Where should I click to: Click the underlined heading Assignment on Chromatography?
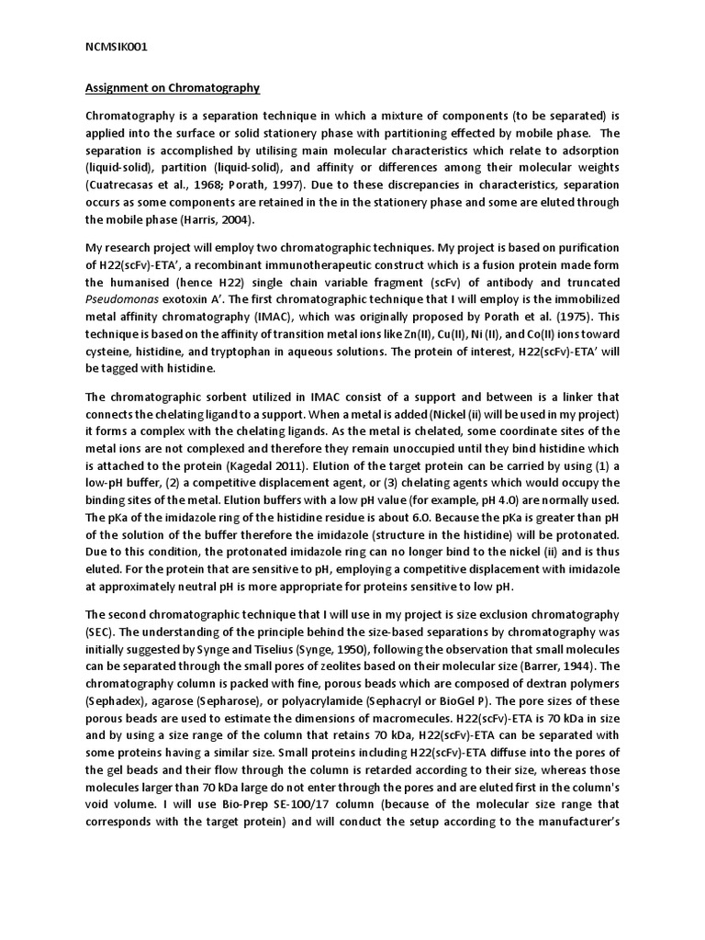[x=173, y=88]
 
